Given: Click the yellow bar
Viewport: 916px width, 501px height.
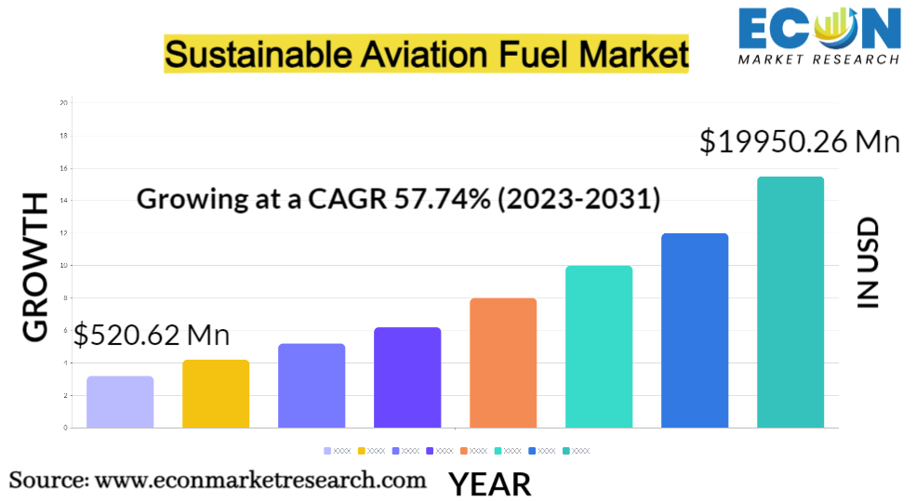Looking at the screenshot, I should (x=216, y=393).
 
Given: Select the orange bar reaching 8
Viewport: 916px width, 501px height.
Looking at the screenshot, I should (x=503, y=363).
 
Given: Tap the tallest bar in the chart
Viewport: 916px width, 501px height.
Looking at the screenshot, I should (x=790, y=302).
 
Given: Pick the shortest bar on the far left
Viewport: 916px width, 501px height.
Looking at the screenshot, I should (x=120, y=402).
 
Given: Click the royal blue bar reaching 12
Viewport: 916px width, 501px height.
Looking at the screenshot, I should (x=695, y=330).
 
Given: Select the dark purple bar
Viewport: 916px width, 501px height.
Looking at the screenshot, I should (x=407, y=377).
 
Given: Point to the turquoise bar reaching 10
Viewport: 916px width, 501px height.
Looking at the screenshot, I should (x=599, y=347).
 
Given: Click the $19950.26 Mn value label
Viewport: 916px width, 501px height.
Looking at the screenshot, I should (x=800, y=141).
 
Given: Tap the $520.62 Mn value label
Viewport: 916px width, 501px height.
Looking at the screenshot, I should (x=152, y=335).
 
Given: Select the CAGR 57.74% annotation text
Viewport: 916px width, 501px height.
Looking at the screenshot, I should (x=398, y=198).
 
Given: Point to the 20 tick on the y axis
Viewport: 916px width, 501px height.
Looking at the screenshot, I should (x=63, y=102).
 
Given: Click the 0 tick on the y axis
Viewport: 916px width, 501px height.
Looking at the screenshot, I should (x=65, y=428).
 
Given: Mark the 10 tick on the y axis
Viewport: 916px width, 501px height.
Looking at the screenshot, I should (x=63, y=265).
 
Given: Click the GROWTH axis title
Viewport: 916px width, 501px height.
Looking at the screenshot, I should (x=34, y=268).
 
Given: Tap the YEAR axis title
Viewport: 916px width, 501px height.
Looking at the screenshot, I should (x=490, y=483).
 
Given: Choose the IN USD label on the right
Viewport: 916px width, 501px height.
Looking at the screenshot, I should (x=867, y=263).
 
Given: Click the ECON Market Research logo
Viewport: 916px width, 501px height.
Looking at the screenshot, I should (x=818, y=35).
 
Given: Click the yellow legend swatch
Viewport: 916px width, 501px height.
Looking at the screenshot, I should (x=362, y=451).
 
